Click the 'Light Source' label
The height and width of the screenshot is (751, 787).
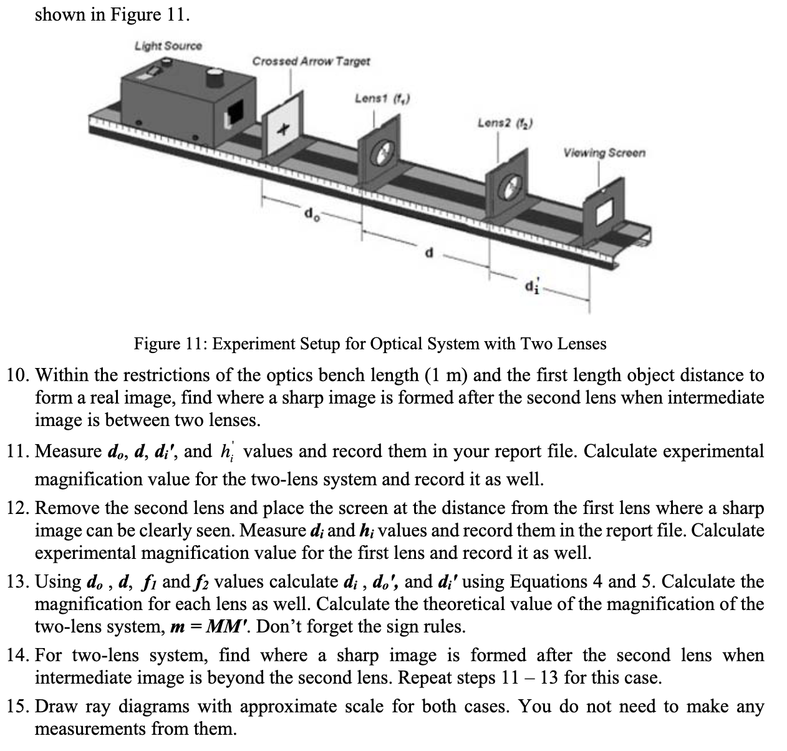(168, 46)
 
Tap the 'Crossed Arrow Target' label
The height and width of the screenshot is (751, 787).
(311, 61)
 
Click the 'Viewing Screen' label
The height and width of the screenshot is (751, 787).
(604, 152)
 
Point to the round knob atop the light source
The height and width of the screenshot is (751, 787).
(215, 77)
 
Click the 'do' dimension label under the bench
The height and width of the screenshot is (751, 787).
(310, 215)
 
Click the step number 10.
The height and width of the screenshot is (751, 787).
(17, 375)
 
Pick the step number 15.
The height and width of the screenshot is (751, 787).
(17, 707)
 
